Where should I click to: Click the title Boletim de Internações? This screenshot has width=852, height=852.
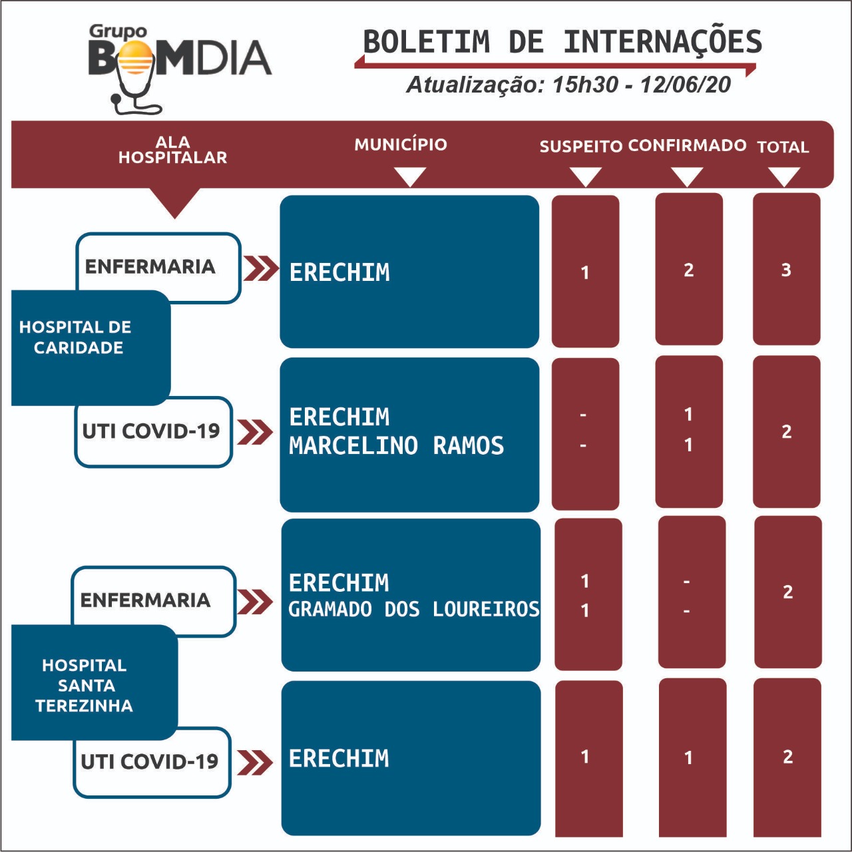tap(562, 41)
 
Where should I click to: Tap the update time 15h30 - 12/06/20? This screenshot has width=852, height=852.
tap(641, 85)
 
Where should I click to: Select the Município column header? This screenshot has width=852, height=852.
tap(401, 144)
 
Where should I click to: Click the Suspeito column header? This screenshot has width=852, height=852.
tap(581, 146)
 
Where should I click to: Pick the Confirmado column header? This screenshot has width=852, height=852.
tap(687, 145)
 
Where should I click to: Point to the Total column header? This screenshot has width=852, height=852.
tap(783, 147)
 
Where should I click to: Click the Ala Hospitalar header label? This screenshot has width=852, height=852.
tap(172, 150)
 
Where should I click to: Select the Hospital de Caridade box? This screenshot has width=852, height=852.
tap(91, 347)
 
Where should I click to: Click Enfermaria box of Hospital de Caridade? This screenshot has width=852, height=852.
tap(158, 267)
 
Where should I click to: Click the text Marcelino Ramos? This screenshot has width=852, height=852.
tap(396, 445)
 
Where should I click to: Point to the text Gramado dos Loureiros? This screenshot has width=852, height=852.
tap(414, 609)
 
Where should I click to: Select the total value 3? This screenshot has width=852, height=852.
tap(785, 270)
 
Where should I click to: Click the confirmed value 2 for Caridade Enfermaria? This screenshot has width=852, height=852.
tap(688, 270)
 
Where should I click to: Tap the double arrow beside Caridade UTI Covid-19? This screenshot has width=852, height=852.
tap(255, 432)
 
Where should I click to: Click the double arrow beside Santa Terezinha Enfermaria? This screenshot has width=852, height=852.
tap(255, 602)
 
